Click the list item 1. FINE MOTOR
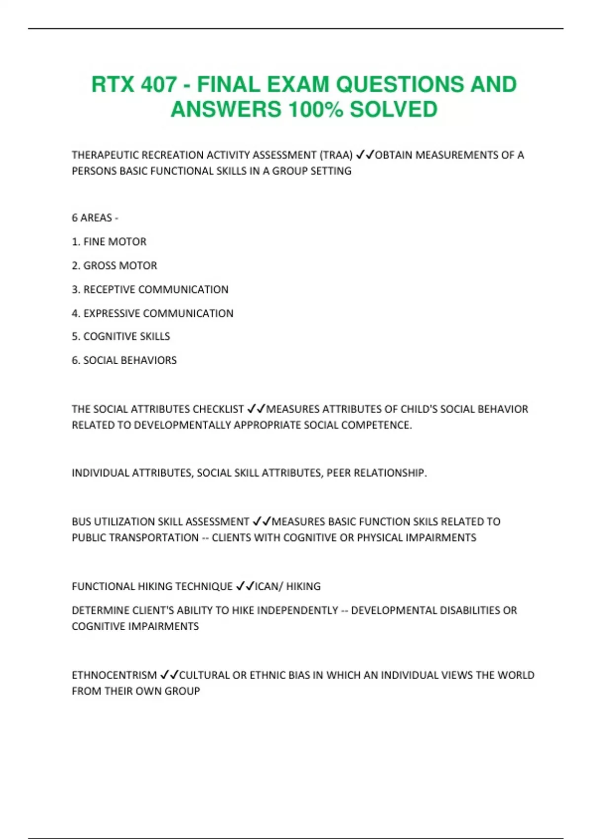click(109, 242)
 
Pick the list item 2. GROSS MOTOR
click(114, 266)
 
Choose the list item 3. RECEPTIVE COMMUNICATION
click(150, 290)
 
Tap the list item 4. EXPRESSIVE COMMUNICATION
click(152, 313)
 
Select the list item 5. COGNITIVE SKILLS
click(121, 337)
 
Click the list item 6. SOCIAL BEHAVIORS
click(124, 360)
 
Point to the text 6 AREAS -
click(95, 218)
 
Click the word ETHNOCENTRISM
click(114, 675)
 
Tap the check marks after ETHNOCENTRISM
click(169, 675)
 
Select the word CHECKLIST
click(218, 409)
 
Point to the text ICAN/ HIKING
click(288, 586)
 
